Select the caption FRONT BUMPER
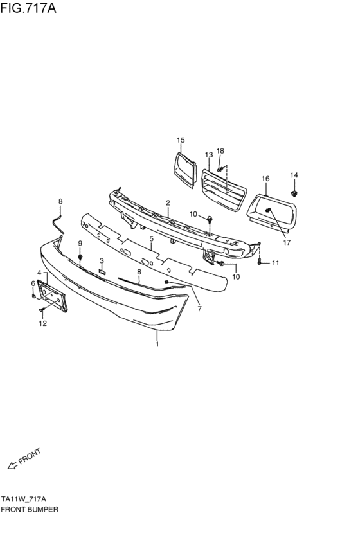pyautogui.click(x=30, y=508)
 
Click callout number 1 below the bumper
pyautogui.click(x=157, y=344)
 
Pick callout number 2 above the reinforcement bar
pyautogui.click(x=168, y=203)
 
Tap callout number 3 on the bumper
pyautogui.click(x=102, y=260)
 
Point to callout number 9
pyautogui.click(x=80, y=243)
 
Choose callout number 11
pyautogui.click(x=275, y=263)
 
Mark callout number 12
pyautogui.click(x=42, y=323)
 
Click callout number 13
pyautogui.click(x=209, y=155)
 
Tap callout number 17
pyautogui.click(x=287, y=242)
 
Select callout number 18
pyautogui.click(x=221, y=150)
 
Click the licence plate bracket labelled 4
pyautogui.click(x=52, y=295)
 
